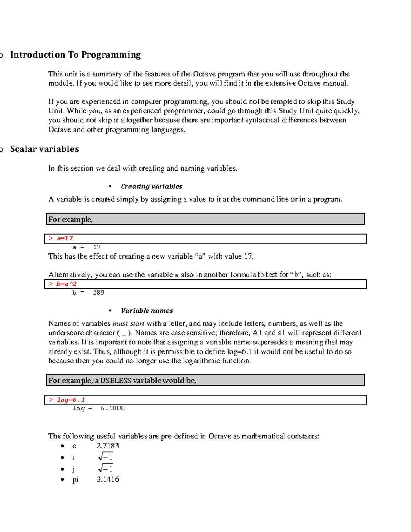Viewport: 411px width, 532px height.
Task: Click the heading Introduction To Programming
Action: point(75,55)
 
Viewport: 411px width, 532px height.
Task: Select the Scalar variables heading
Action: point(45,149)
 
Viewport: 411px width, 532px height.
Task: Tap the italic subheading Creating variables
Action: point(151,186)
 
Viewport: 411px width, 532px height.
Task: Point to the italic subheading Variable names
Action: point(147,311)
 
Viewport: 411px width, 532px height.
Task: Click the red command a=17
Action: point(65,238)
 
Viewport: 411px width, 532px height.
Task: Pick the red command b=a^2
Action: point(66,284)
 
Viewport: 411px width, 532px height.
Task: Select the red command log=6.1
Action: point(71,400)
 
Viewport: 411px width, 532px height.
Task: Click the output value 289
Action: point(98,293)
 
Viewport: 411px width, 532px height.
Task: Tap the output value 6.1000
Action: point(113,408)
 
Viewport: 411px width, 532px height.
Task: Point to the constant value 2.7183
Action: point(108,446)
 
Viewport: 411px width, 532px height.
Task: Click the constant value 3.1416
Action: point(108,479)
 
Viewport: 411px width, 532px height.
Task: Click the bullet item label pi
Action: point(75,480)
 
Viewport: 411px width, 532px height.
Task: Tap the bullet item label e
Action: point(74,446)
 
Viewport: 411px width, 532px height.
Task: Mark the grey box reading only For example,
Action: point(205,219)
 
